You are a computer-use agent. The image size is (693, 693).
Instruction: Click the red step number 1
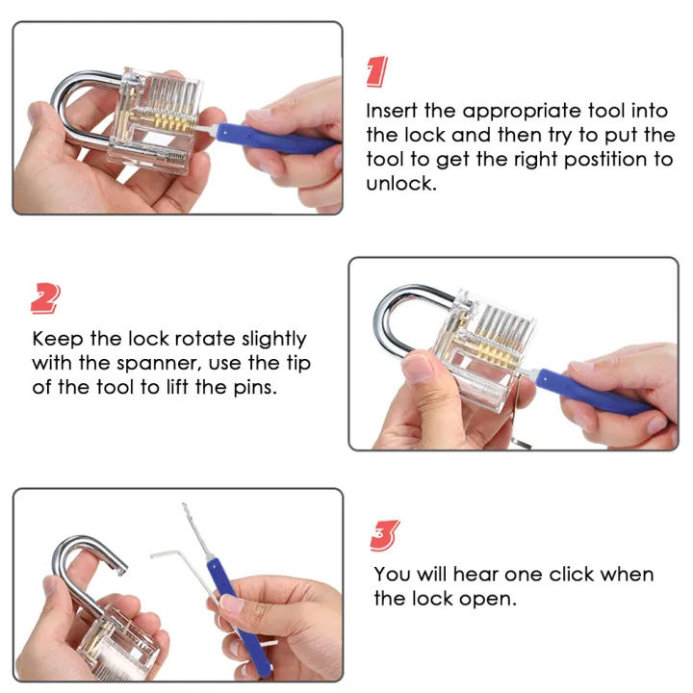point(378,71)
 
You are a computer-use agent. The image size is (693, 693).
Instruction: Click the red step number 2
point(45,299)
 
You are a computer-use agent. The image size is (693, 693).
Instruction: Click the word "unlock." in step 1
point(401,183)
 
